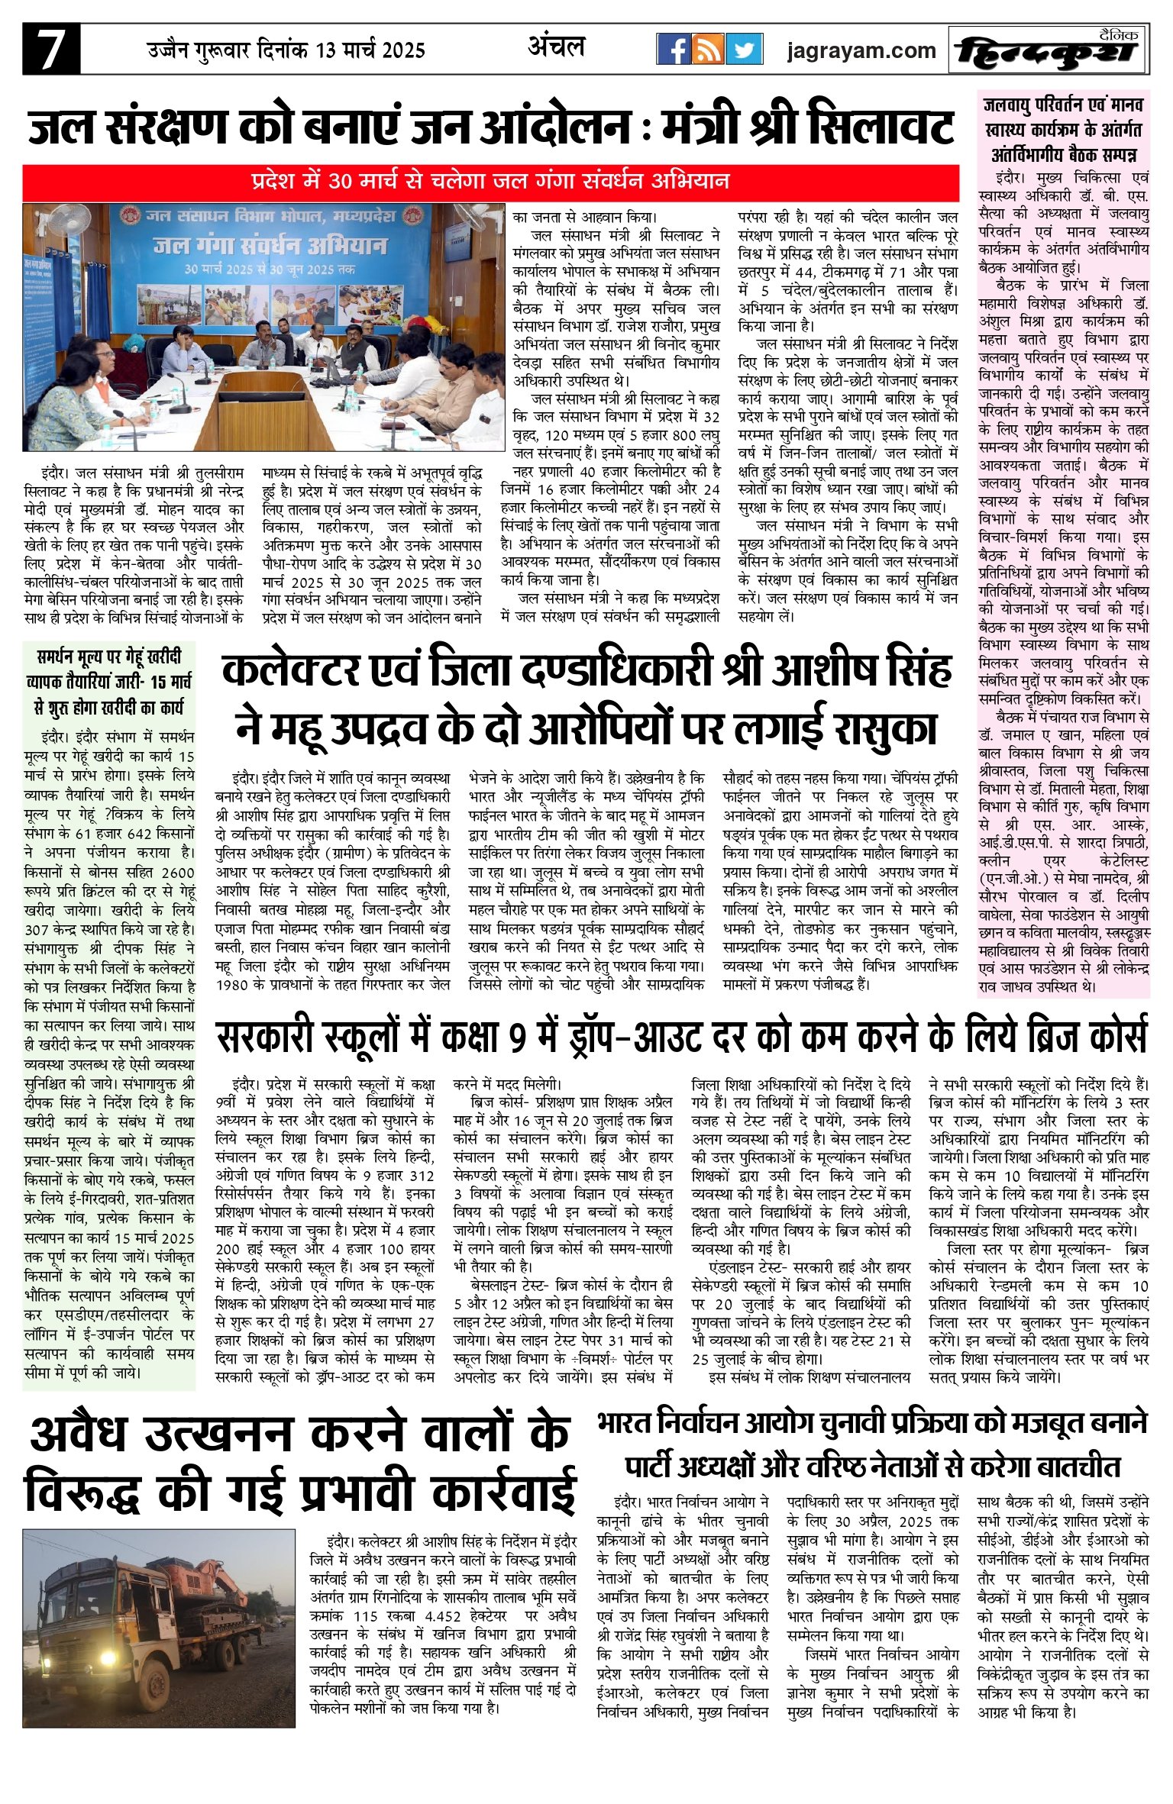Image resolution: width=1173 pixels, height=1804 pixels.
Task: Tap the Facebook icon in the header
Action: (x=674, y=50)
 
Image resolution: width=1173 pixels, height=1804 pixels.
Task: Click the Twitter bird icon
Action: (x=743, y=50)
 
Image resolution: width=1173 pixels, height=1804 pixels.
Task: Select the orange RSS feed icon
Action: (x=709, y=50)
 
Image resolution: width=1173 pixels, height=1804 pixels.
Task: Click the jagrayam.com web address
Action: (x=861, y=51)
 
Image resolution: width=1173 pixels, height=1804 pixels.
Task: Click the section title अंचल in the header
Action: (x=556, y=47)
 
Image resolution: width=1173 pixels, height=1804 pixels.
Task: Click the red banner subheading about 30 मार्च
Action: (x=490, y=182)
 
